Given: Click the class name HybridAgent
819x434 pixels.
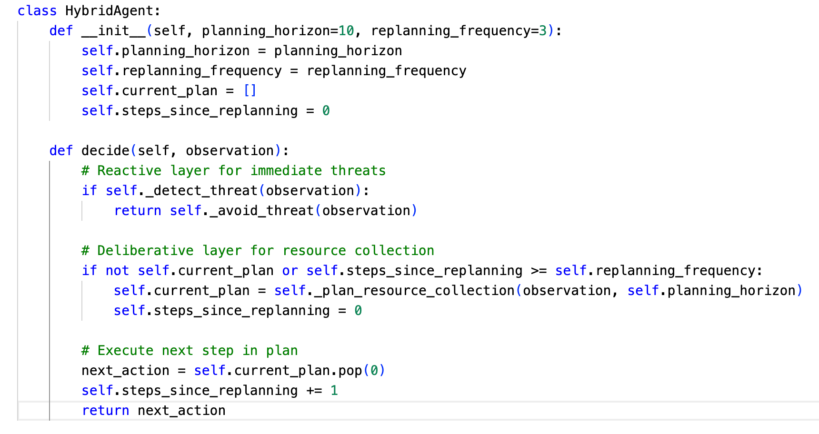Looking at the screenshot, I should pyautogui.click(x=113, y=11).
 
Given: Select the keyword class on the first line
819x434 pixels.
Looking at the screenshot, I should pyautogui.click(x=37, y=11).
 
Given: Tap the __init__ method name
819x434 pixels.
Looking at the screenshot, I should pyautogui.click(x=113, y=31).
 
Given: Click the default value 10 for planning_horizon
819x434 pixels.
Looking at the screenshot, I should pyautogui.click(x=346, y=31).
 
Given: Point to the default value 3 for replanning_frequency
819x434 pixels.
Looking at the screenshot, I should pyautogui.click(x=543, y=31).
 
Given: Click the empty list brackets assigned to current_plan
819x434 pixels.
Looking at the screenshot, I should pyautogui.click(x=250, y=91).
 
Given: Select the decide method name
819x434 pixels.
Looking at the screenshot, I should pyautogui.click(x=105, y=151).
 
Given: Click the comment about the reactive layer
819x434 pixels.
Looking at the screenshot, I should pyautogui.click(x=233, y=171).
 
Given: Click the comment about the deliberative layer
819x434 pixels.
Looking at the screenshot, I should pyautogui.click(x=258, y=251).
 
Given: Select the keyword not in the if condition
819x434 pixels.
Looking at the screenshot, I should pyautogui.click(x=117, y=271).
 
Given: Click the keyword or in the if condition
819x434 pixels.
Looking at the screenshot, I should pyautogui.click(x=290, y=271).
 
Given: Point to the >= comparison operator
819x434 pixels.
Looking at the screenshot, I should pyautogui.click(x=539, y=271).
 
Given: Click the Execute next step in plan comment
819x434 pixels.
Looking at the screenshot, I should pyautogui.click(x=190, y=351).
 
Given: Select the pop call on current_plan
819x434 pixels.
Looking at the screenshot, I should pyautogui.click(x=350, y=371).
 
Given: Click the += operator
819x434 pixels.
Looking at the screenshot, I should pyautogui.click(x=314, y=391).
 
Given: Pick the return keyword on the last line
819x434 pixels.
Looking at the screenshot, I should pyautogui.click(x=105, y=411).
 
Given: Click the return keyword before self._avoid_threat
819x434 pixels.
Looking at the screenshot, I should pyautogui.click(x=138, y=211).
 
